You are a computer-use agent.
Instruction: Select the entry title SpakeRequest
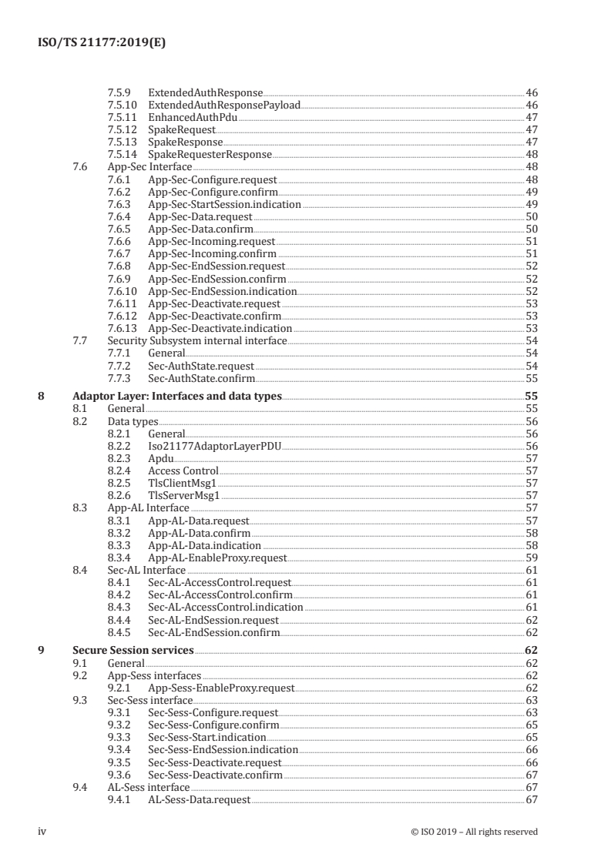pos(181,130)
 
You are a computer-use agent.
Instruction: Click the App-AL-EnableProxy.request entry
pos(217,558)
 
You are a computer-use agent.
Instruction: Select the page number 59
pos(531,558)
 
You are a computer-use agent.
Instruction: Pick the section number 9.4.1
pos(119,799)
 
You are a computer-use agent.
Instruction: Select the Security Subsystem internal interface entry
pos(197,340)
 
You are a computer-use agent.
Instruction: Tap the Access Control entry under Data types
pos(183,471)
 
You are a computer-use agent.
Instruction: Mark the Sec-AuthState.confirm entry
pos(201,378)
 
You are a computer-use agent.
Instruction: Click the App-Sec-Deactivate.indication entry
pos(220,327)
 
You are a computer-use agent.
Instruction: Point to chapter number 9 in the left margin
pos(42,650)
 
